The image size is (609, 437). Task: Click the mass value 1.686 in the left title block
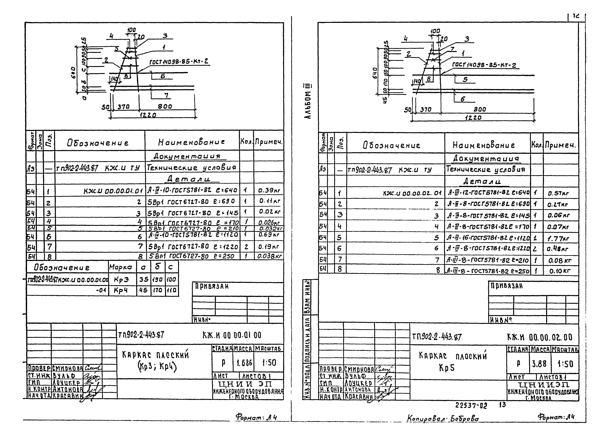[x=244, y=363]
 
